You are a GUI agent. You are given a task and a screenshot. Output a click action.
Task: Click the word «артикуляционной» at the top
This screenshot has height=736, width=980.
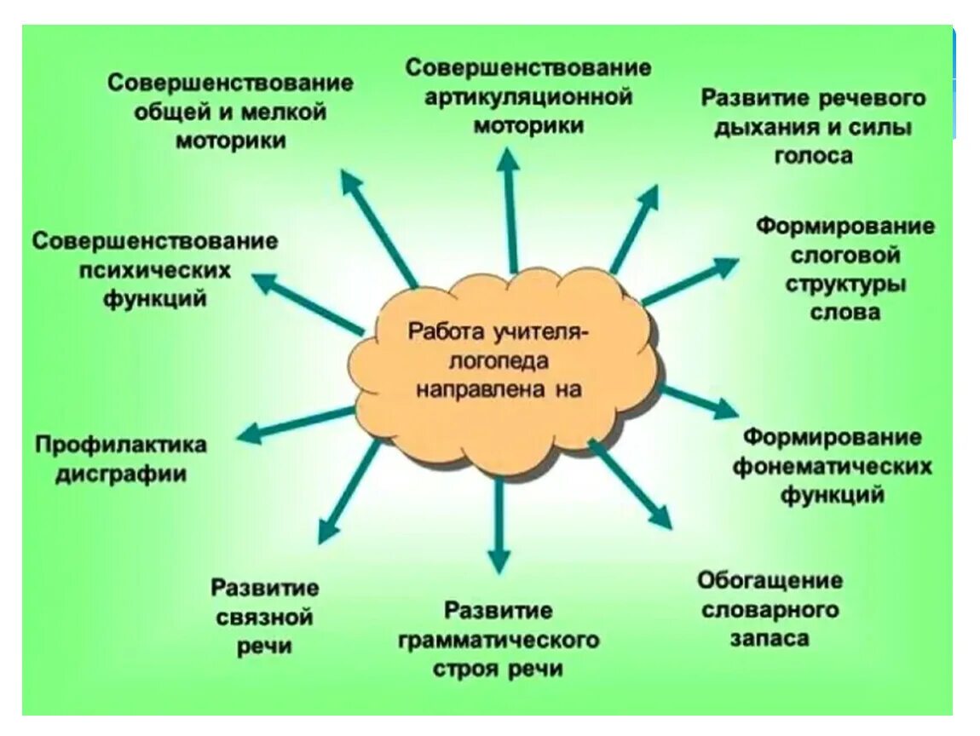(529, 96)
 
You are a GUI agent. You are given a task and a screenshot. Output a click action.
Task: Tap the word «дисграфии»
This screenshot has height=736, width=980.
(121, 474)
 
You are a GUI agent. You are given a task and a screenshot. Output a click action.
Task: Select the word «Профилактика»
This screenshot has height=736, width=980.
(121, 445)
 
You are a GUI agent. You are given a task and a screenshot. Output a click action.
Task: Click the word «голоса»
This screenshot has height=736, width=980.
(813, 156)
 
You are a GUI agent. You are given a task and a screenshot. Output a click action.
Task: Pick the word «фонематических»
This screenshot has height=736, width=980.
(832, 467)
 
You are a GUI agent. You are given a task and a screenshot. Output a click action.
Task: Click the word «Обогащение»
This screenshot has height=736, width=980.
(770, 581)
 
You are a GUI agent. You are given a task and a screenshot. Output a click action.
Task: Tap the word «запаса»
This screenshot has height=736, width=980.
(769, 638)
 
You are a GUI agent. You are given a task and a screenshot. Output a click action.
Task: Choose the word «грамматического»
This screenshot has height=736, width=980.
(499, 640)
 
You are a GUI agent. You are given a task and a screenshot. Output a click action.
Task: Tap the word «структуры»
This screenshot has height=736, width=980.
(845, 284)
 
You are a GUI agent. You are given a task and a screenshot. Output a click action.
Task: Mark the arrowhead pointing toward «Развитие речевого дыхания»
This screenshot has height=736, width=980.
(649, 198)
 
